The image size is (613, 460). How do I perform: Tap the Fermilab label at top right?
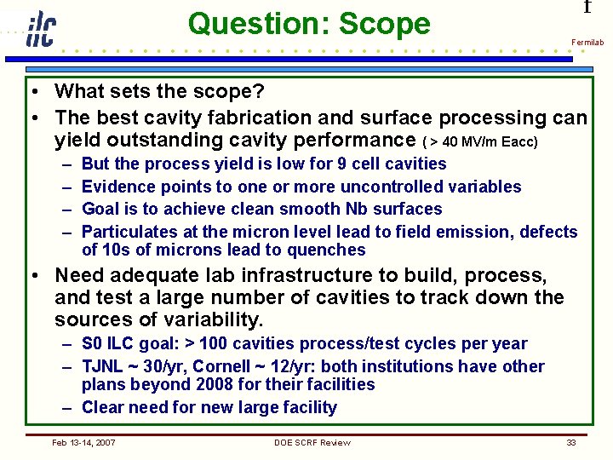click(x=587, y=42)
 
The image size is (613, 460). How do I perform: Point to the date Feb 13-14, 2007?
click(x=84, y=442)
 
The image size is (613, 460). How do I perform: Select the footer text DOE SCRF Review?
click(x=312, y=442)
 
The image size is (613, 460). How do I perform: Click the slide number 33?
click(x=570, y=442)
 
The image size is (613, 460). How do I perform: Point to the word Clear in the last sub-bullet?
click(x=104, y=407)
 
